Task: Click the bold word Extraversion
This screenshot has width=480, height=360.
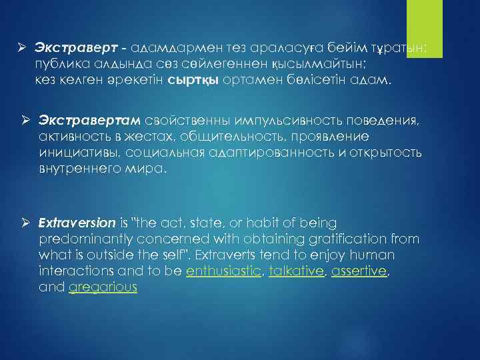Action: click(x=77, y=221)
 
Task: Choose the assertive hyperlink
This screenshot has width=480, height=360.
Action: click(x=359, y=272)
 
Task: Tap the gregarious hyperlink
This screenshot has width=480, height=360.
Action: click(x=103, y=287)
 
